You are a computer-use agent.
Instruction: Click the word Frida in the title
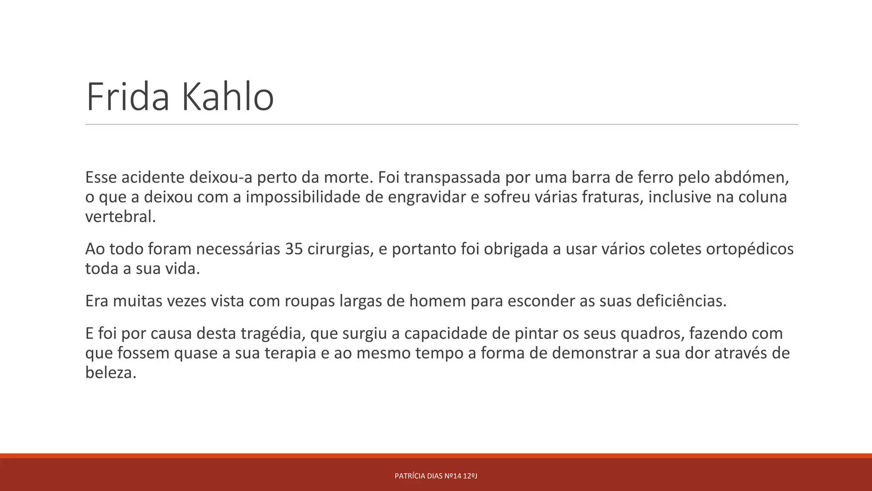(x=128, y=97)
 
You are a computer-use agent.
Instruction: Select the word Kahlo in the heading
(x=228, y=97)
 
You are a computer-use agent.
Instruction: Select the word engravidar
(x=427, y=197)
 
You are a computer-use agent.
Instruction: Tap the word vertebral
(x=120, y=217)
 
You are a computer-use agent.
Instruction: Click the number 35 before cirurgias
(x=294, y=249)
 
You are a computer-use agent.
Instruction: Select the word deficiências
(x=681, y=301)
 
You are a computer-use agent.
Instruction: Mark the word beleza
(x=111, y=373)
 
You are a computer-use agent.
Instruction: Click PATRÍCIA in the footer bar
(x=410, y=476)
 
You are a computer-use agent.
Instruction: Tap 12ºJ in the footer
(x=470, y=476)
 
